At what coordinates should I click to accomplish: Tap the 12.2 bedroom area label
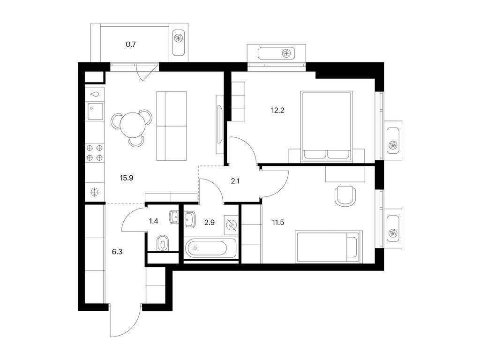277,111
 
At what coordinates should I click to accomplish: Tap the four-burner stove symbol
94,152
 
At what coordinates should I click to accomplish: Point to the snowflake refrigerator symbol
94,192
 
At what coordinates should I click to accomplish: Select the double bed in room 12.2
326,126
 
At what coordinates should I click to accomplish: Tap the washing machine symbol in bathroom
231,224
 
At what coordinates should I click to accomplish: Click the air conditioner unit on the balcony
179,38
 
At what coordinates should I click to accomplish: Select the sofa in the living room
172,126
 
